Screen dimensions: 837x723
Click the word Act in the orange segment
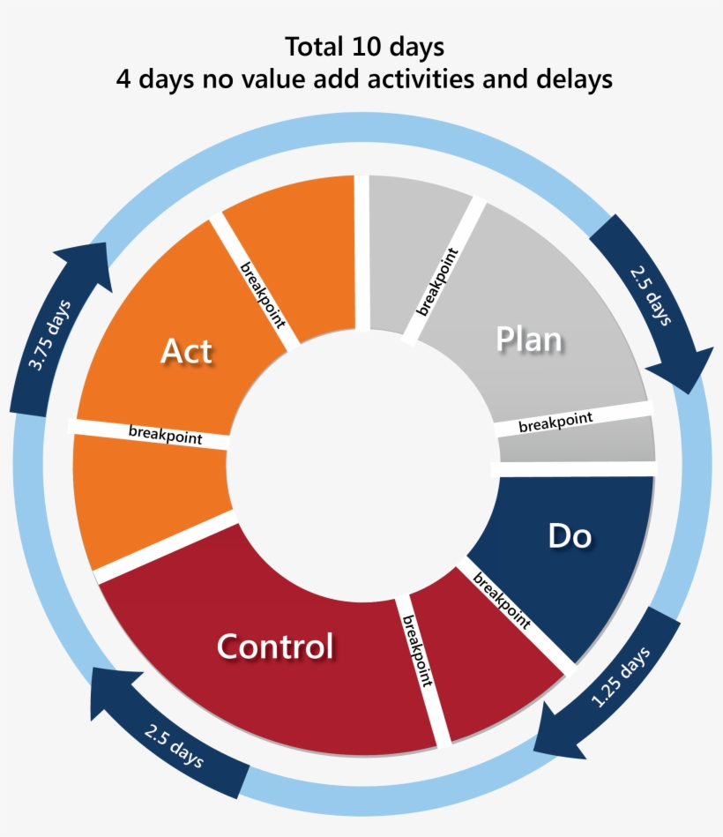point(186,351)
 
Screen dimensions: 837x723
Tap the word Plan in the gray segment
point(528,339)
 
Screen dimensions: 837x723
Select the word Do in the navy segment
point(570,535)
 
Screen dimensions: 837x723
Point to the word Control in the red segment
point(275,646)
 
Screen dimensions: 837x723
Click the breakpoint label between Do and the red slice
point(507,604)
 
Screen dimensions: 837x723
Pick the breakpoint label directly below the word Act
point(165,434)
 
